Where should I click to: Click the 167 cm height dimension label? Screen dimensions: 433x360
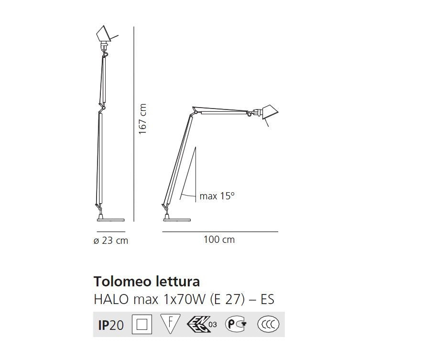pos(142,119)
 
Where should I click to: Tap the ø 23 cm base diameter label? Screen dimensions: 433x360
pos(111,240)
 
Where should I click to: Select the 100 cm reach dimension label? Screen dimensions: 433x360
pos(219,240)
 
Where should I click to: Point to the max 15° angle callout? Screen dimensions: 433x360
pos(217,196)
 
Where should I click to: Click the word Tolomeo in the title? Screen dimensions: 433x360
pos(123,282)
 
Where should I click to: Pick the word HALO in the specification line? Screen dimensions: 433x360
pos(111,299)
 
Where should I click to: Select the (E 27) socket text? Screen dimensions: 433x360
pos(227,299)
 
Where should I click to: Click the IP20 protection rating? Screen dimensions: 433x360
pos(111,325)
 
